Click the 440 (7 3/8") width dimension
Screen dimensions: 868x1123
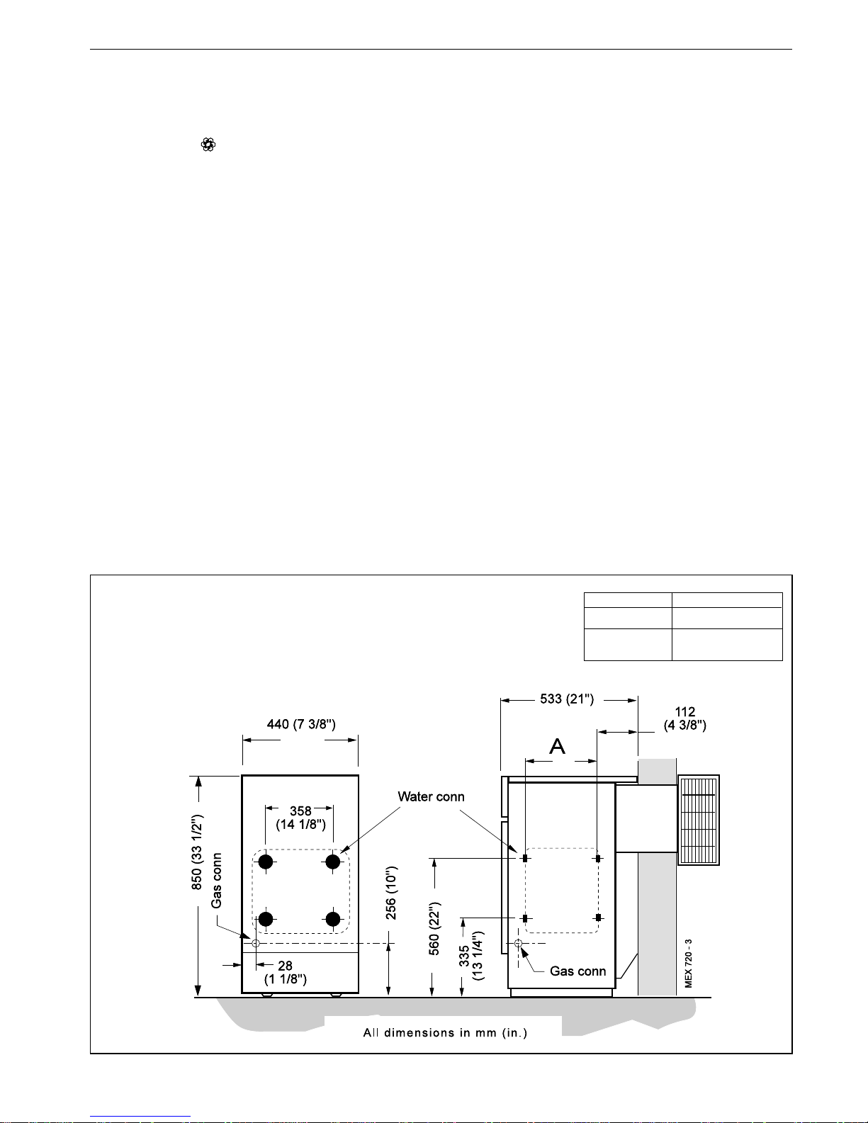coord(301,725)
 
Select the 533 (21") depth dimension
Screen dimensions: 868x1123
coord(567,699)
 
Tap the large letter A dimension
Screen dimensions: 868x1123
coord(557,746)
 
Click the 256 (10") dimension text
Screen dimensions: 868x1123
coord(391,893)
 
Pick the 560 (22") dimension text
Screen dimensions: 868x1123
coord(434,928)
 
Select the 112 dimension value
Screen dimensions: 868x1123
coord(685,712)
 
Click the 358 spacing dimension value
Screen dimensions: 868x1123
coord(300,811)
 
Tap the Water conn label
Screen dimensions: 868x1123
coord(431,797)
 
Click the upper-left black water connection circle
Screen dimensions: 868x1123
coord(266,862)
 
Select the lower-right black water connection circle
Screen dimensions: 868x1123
coord(333,919)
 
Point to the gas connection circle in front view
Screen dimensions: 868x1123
coord(256,943)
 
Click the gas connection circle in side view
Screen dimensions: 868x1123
coord(518,943)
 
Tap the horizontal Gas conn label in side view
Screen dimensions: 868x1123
coord(577,971)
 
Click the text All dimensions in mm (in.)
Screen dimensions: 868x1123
coord(445,1032)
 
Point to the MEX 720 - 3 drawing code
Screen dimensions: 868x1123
coord(688,964)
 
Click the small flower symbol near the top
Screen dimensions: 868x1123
coord(208,145)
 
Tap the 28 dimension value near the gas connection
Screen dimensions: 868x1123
coord(285,966)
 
